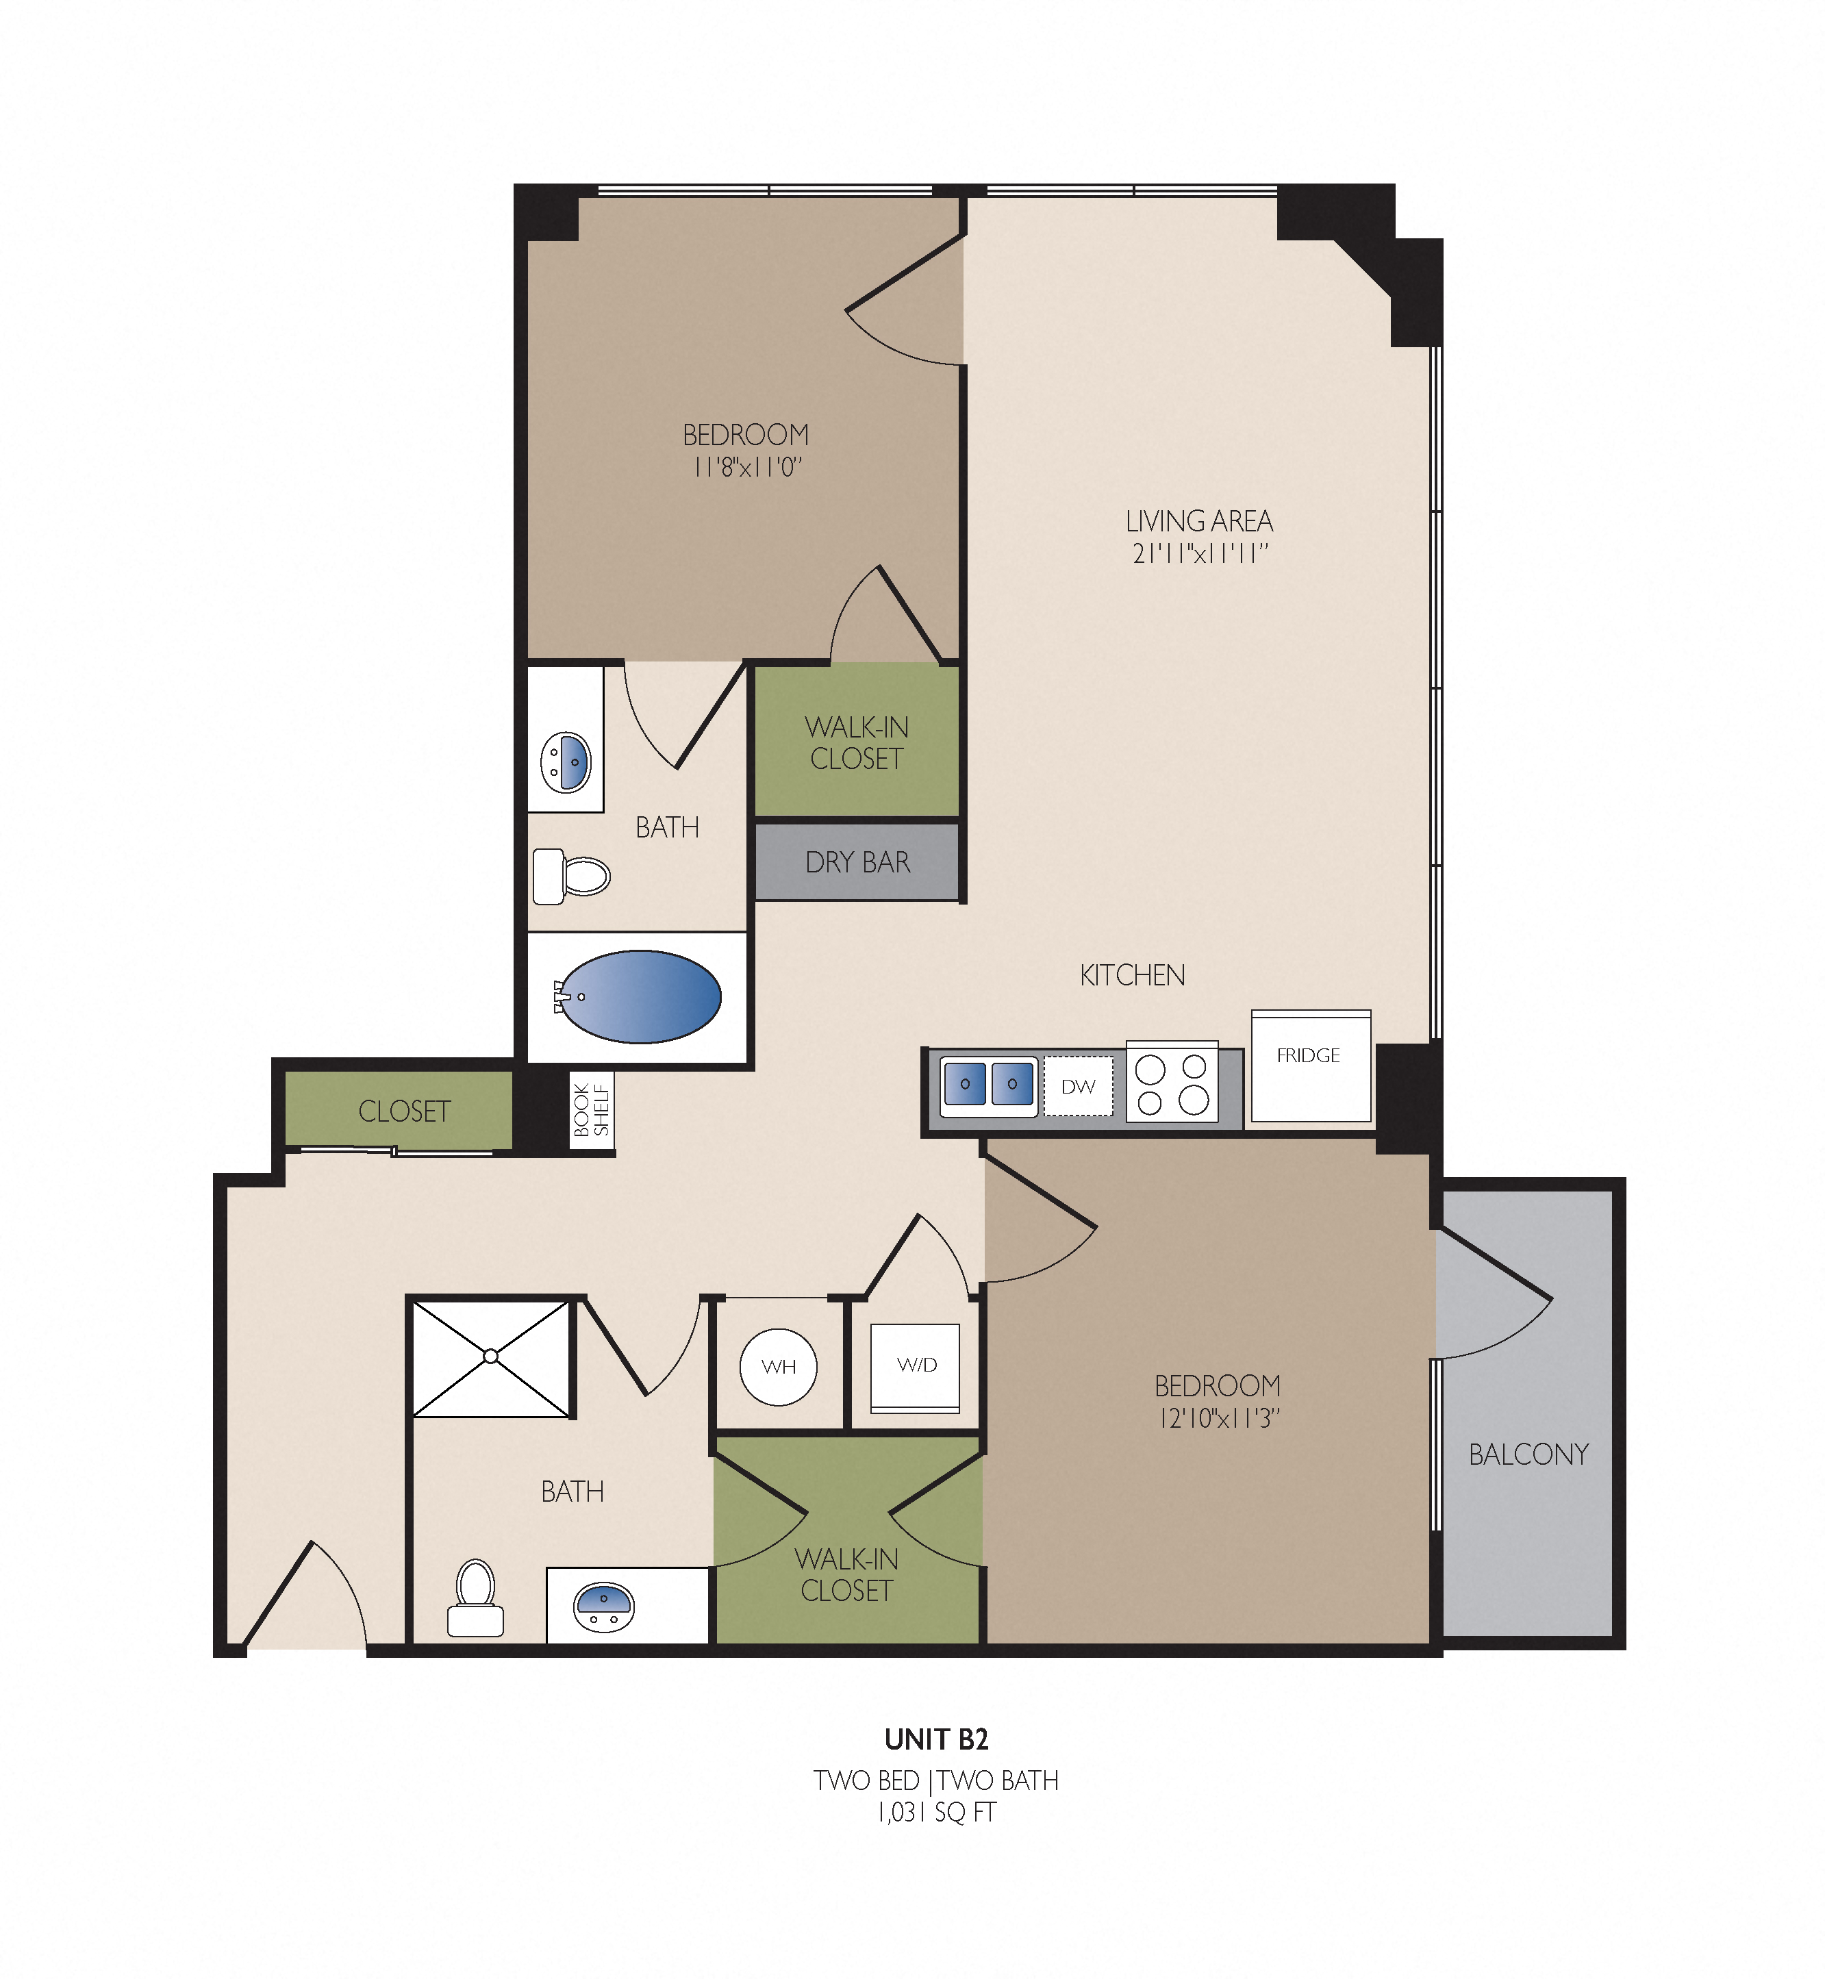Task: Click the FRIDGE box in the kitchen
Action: [1311, 1066]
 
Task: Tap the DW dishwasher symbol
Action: [1079, 1086]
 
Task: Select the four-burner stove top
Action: [1172, 1083]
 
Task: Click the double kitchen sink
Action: [989, 1085]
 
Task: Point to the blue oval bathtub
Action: [640, 998]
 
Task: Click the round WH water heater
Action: [778, 1367]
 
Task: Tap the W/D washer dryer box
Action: [916, 1367]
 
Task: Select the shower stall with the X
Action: [491, 1358]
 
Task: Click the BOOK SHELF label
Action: [592, 1110]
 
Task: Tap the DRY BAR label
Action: [857, 862]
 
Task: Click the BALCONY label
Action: [1528, 1454]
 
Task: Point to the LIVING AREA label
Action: [1199, 520]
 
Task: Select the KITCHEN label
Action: [1132, 976]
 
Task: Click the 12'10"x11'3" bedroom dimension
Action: [1219, 1418]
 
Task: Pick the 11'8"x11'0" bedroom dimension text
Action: [746, 466]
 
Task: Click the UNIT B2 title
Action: [936, 1739]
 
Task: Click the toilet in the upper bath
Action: [572, 876]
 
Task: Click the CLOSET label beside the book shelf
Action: [404, 1112]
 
